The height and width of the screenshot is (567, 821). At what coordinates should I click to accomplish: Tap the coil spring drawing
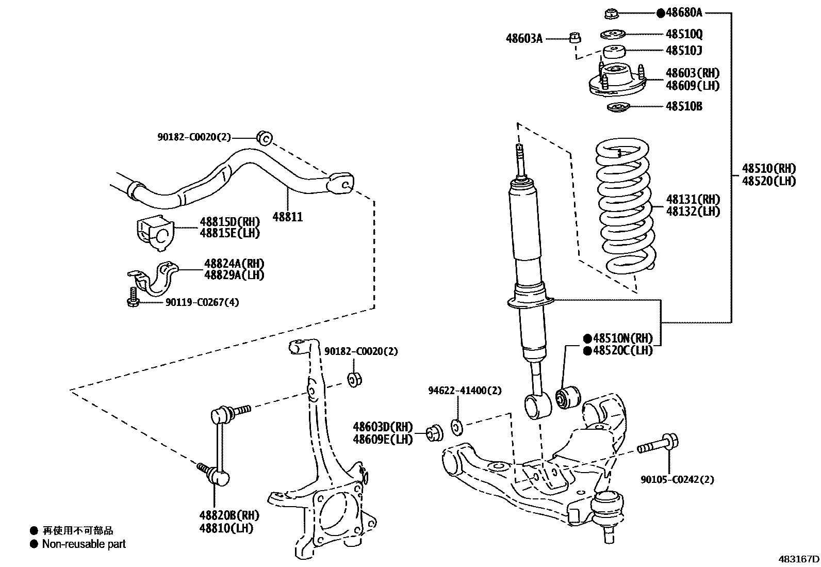tap(625, 206)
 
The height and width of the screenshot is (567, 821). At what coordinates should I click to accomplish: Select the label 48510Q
tap(684, 34)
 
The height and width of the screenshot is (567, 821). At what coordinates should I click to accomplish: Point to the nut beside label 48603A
tap(576, 37)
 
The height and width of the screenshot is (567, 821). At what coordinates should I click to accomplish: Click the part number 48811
tap(287, 217)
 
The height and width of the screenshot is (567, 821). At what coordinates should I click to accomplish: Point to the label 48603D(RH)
tap(383, 427)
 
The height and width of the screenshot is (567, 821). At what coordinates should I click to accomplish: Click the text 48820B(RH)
tap(229, 515)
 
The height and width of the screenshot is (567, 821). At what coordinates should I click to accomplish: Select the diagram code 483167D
tap(799, 559)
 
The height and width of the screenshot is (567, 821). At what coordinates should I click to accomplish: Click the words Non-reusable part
tap(84, 544)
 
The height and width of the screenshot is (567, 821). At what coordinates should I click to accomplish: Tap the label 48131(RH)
tap(693, 199)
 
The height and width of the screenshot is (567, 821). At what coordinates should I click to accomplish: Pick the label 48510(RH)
tap(769, 168)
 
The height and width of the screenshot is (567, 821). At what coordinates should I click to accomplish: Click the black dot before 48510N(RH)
tap(587, 339)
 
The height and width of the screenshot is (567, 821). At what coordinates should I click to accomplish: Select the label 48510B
tap(684, 106)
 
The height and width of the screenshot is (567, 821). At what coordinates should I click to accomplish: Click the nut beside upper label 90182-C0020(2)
tap(264, 137)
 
